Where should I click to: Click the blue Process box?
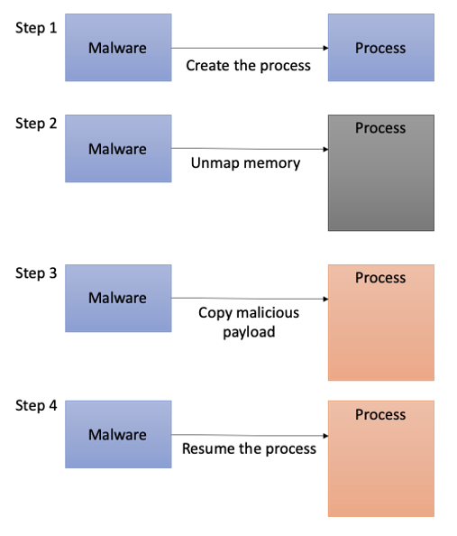pyautogui.click(x=380, y=48)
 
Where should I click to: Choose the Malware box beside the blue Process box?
pyautogui.click(x=118, y=48)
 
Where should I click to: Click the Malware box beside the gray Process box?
pyautogui.click(x=118, y=149)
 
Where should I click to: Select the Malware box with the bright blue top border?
pyautogui.click(x=118, y=299)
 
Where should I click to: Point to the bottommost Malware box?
pyautogui.click(x=118, y=435)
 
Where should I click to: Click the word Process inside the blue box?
pyautogui.click(x=380, y=48)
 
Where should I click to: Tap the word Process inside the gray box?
pyautogui.click(x=380, y=128)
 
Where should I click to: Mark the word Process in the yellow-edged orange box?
pyautogui.click(x=380, y=278)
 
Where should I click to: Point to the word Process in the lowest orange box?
pyautogui.click(x=380, y=415)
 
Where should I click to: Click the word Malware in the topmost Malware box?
pyautogui.click(x=117, y=48)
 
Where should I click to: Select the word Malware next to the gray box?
pyautogui.click(x=117, y=149)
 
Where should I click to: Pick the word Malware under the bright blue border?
pyautogui.click(x=117, y=299)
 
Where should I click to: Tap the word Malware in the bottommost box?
pyautogui.click(x=117, y=435)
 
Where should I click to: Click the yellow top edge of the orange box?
pyautogui.click(x=380, y=264)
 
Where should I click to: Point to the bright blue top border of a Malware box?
pyautogui.click(x=118, y=264)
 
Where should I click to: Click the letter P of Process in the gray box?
pyautogui.click(x=359, y=128)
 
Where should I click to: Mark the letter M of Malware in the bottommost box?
pyautogui.click(x=94, y=435)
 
